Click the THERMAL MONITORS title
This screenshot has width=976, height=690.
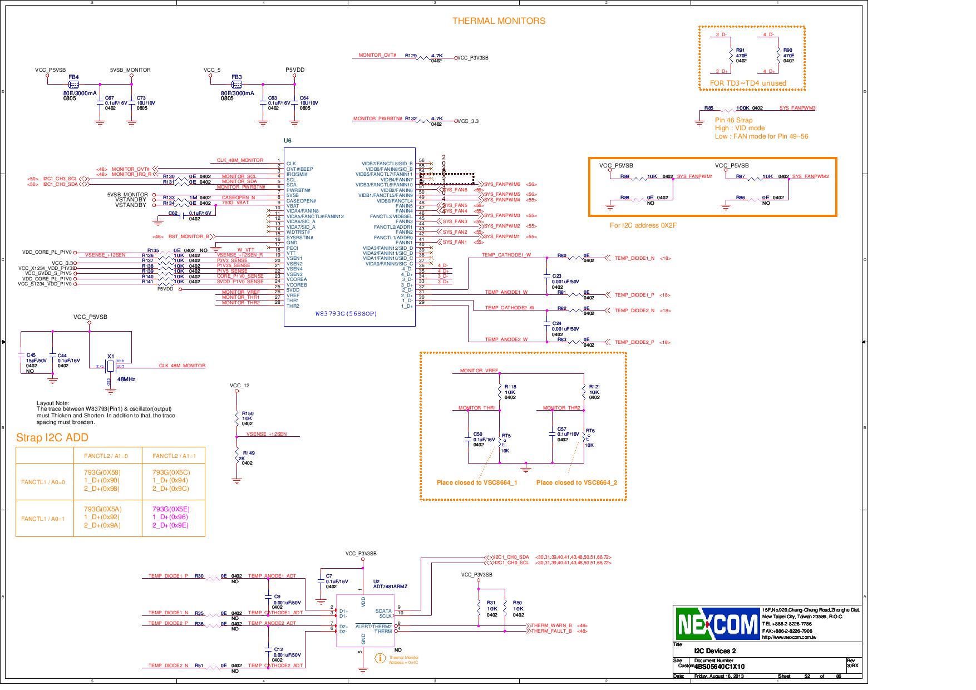pyautogui.click(x=499, y=21)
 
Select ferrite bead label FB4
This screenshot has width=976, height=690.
pyautogui.click(x=73, y=77)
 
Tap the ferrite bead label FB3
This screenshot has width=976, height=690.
pyautogui.click(x=236, y=77)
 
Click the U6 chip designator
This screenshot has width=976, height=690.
pyautogui.click(x=287, y=141)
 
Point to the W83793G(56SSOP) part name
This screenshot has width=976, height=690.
pyautogui.click(x=346, y=314)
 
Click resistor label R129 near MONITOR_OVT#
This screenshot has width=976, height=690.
pyautogui.click(x=411, y=56)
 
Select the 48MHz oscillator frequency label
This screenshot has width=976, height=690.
pyautogui.click(x=126, y=379)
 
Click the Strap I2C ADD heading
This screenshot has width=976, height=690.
pyautogui.click(x=52, y=437)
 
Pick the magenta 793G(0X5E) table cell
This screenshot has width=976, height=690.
pyautogui.click(x=170, y=509)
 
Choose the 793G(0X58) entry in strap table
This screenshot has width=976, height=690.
pyautogui.click(x=102, y=472)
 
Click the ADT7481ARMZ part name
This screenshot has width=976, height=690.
pyautogui.click(x=390, y=586)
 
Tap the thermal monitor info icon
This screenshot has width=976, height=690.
pyautogui.click(x=381, y=658)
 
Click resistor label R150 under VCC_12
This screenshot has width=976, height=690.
pyautogui.click(x=248, y=413)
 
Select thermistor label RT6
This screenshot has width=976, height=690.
pyautogui.click(x=590, y=431)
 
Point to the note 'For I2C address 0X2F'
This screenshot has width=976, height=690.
pyautogui.click(x=643, y=225)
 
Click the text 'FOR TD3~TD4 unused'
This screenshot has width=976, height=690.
pyautogui.click(x=748, y=83)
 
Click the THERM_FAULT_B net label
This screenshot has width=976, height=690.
pyautogui.click(x=551, y=631)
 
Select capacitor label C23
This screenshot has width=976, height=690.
pyautogui.click(x=556, y=276)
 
